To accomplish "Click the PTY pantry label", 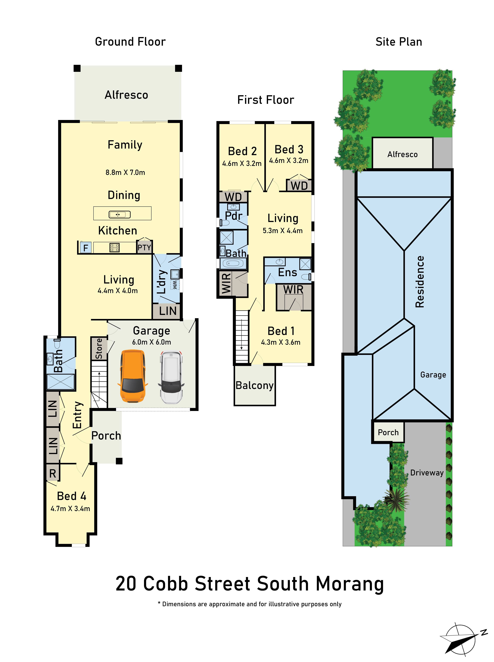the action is [144, 247].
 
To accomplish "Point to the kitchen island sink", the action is [120, 214].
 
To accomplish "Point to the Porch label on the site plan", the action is [388, 433].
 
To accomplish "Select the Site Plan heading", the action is [399, 42].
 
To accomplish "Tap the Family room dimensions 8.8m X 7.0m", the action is [125, 172].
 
